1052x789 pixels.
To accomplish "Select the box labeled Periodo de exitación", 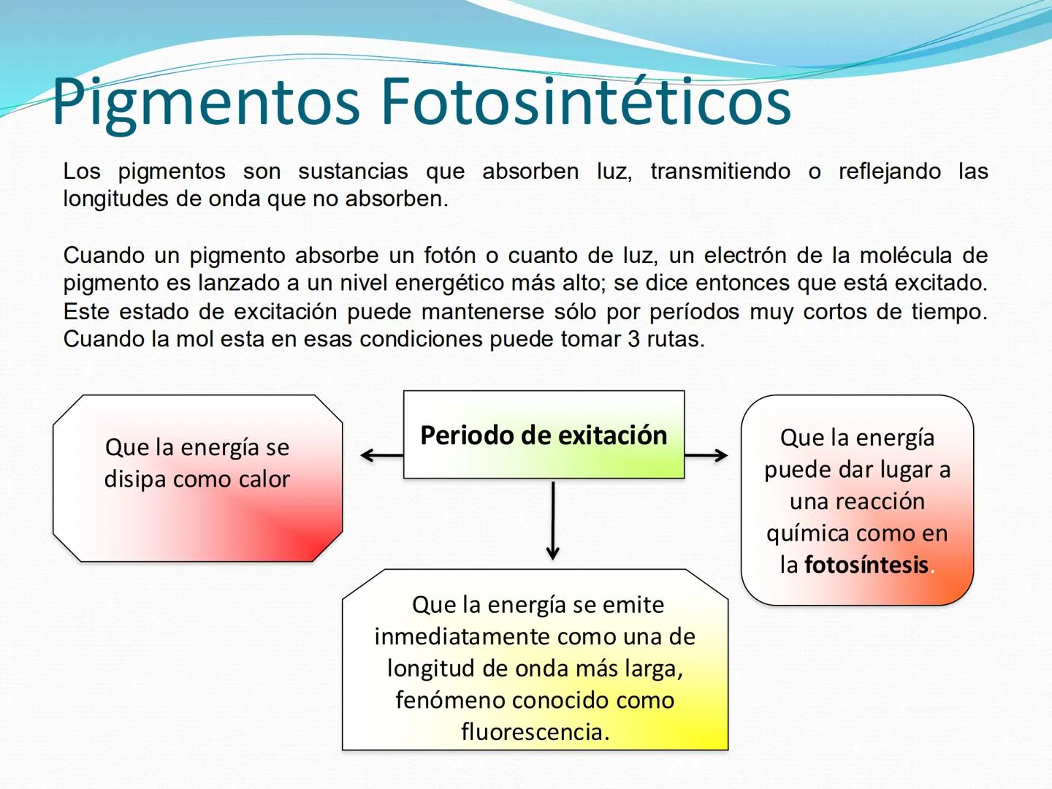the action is tap(544, 435).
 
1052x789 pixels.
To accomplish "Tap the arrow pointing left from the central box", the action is tap(382, 455).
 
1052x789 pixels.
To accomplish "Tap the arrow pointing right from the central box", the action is tap(706, 455).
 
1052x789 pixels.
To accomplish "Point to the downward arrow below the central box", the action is tap(553, 521).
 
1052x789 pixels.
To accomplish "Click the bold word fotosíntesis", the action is tap(866, 565).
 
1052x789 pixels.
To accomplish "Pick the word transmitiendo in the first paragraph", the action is tap(720, 172).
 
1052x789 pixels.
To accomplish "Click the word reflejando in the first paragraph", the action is tap(890, 172).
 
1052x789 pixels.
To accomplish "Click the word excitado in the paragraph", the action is tap(939, 283).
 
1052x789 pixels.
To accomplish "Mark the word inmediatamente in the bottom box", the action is tap(462, 637).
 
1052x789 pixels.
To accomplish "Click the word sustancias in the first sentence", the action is tap(353, 172).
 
